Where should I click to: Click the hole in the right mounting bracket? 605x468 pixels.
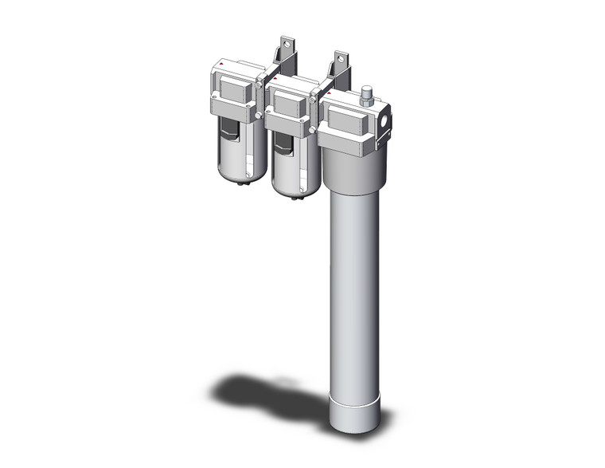[x=342, y=57]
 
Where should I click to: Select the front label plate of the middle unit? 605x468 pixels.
[x=287, y=100]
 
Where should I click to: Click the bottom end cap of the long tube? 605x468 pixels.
[x=353, y=410]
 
